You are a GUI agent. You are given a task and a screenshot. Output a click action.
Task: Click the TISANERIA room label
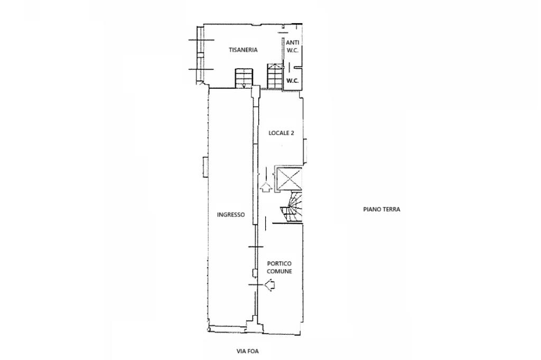(243, 50)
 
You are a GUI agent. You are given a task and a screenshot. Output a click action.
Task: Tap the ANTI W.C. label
(293, 46)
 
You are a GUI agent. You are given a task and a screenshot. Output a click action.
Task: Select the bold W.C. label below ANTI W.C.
(293, 81)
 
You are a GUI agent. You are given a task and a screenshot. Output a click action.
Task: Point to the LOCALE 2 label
(281, 133)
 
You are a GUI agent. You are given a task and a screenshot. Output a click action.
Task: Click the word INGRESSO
(231, 214)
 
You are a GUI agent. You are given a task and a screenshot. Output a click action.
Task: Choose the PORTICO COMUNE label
(279, 267)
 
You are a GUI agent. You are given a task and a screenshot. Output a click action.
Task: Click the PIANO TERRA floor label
(381, 209)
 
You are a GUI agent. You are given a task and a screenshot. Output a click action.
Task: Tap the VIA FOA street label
(247, 352)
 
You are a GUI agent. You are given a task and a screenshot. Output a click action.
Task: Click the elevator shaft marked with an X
(288, 178)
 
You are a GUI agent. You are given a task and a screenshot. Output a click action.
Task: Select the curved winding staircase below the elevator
(292, 207)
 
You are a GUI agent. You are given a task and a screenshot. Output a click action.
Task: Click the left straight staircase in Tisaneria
(244, 78)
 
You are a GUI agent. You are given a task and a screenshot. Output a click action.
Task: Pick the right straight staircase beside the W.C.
(275, 75)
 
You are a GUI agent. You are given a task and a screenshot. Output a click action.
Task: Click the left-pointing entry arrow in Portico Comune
(270, 285)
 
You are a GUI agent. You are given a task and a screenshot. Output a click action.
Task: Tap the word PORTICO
(279, 264)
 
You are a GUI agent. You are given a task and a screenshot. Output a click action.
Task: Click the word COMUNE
(279, 271)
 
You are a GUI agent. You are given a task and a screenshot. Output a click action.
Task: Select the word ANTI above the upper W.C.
(293, 42)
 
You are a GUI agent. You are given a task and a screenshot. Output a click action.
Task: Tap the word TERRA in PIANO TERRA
(391, 209)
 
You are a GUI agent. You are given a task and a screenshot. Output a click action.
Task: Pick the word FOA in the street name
(253, 352)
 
